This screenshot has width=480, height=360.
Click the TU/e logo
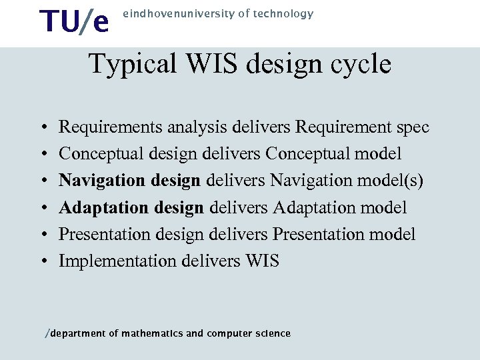click(74, 21)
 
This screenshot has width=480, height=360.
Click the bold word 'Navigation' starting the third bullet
click(97, 181)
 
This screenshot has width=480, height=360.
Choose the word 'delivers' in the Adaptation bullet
click(239, 207)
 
